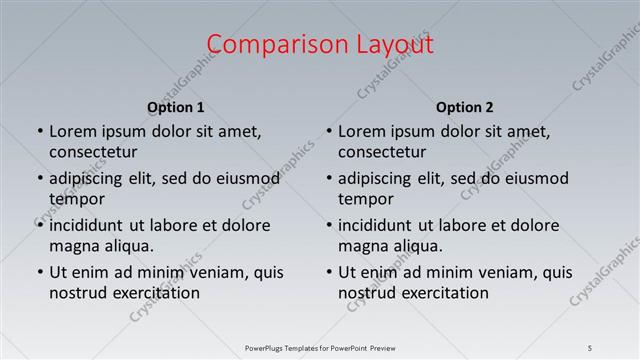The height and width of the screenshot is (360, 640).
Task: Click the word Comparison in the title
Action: click(264, 45)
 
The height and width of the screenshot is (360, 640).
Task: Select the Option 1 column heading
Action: click(176, 108)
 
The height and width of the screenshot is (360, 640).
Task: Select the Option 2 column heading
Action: click(465, 108)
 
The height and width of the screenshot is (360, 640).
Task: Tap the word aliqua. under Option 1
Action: click(125, 246)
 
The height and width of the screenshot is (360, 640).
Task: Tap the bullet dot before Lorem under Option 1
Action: click(39, 131)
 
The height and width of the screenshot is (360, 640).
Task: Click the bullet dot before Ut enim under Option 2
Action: click(328, 272)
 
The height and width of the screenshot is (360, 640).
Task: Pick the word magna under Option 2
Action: click(362, 246)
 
